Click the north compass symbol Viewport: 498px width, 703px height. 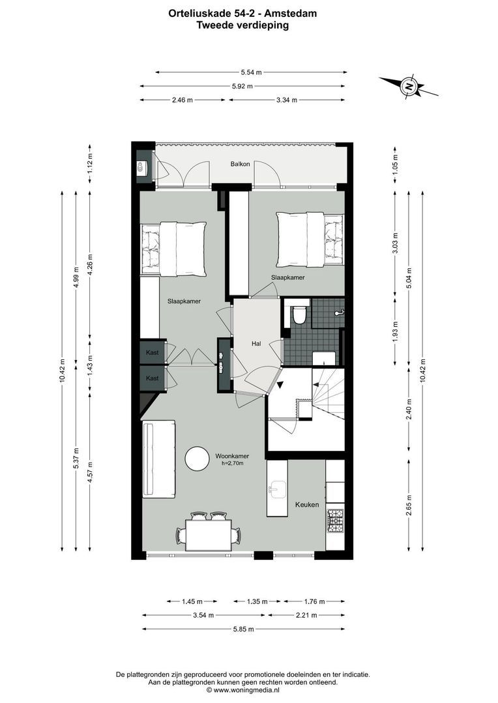click(x=409, y=86)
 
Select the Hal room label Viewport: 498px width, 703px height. click(x=257, y=344)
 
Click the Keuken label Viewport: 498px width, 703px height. click(x=307, y=504)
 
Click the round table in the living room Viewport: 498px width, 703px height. click(x=198, y=458)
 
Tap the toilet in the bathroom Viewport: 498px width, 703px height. click(x=300, y=314)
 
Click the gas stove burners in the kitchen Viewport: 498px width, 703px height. click(x=335, y=519)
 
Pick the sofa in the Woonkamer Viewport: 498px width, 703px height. click(x=157, y=459)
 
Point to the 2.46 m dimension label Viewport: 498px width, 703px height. click(x=182, y=100)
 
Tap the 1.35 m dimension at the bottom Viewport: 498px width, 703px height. click(x=256, y=601)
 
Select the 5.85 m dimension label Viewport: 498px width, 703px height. click(x=242, y=629)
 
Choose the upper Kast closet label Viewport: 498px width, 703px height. click(x=152, y=352)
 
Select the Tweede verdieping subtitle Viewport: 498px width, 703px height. click(x=242, y=25)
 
